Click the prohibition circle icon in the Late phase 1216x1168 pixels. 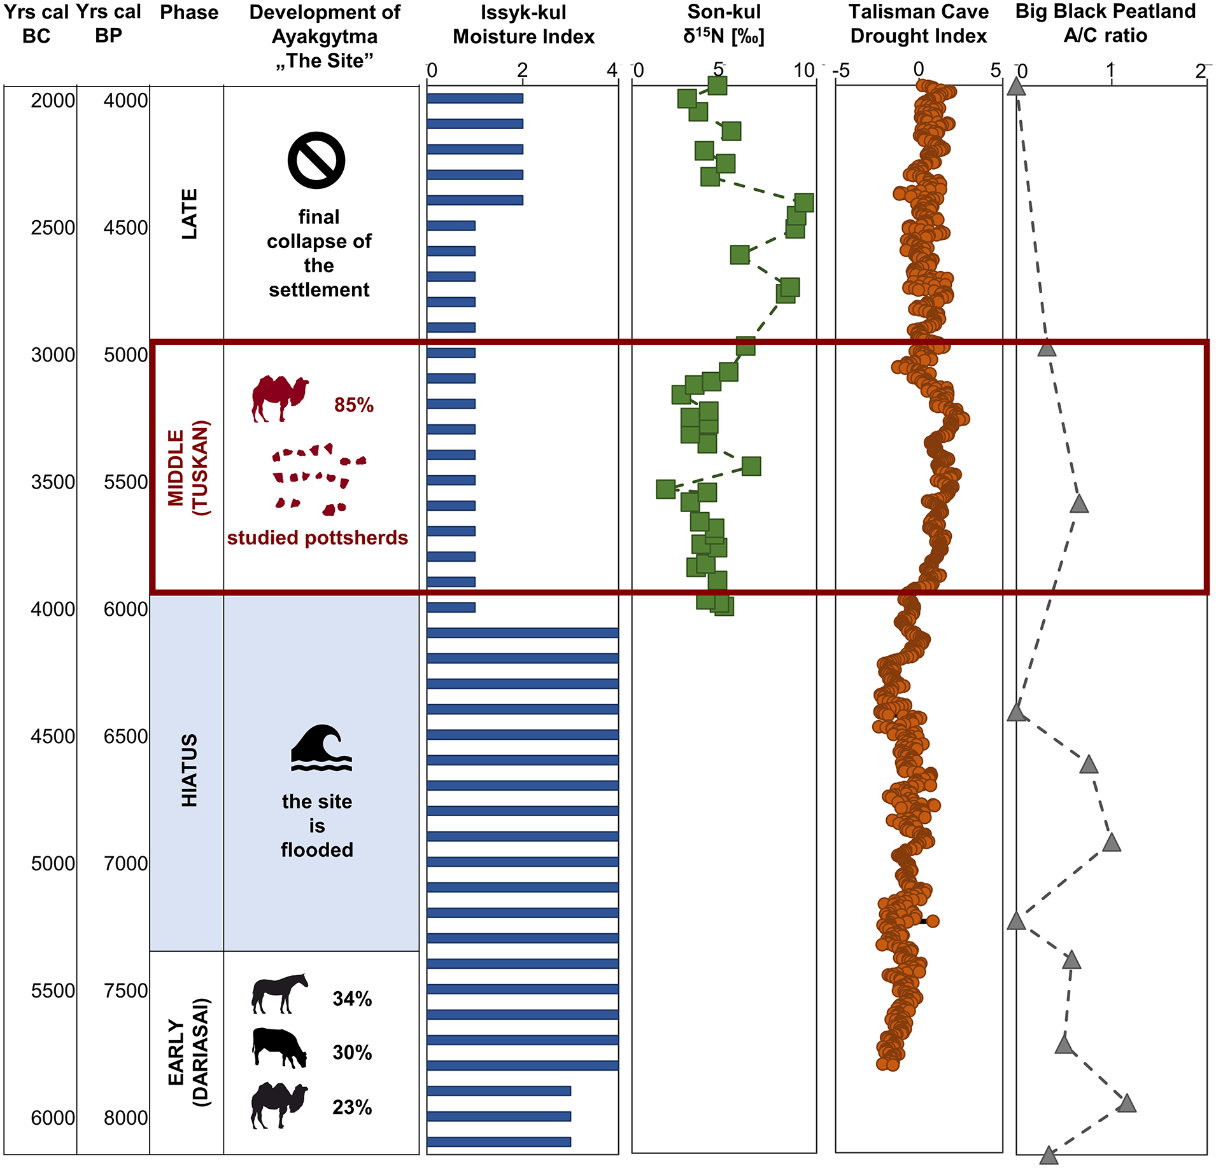[x=316, y=160]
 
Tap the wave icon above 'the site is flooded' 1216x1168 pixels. [x=322, y=748]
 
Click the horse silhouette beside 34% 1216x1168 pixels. [x=280, y=993]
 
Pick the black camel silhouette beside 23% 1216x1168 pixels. [x=279, y=1106]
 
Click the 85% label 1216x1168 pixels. [x=354, y=405]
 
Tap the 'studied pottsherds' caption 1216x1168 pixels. [x=318, y=538]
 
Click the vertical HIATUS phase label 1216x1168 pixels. [x=190, y=770]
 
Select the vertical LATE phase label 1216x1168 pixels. [x=190, y=214]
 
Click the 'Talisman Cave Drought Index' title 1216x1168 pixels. [x=919, y=24]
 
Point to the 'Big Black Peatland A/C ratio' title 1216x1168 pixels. [x=1106, y=23]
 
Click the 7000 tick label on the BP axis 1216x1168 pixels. [x=126, y=863]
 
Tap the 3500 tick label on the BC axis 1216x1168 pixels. [x=53, y=482]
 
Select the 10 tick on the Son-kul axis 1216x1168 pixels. [x=804, y=70]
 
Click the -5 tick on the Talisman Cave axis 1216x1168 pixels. [x=841, y=70]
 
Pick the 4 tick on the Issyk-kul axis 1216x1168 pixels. [x=612, y=70]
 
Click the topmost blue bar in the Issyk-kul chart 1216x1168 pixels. [x=475, y=99]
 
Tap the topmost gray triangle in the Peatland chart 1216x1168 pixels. [x=1017, y=87]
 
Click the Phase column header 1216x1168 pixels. [x=189, y=12]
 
